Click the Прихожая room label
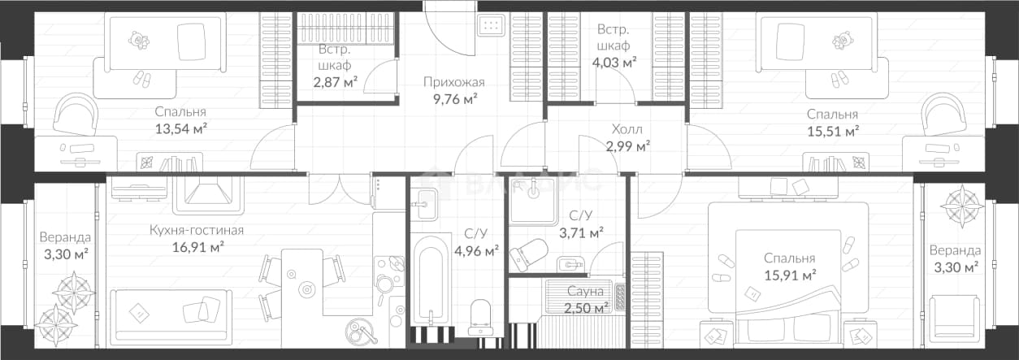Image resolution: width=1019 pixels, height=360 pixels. coord(454,82)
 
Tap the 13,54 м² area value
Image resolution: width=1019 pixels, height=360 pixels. coord(181,128)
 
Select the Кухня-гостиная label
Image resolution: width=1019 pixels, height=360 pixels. coord(197,230)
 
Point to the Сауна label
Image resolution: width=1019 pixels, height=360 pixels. coord(585,291)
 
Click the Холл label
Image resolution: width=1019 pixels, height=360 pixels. coord(627,129)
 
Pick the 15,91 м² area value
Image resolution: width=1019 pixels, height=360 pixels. coord(790,275)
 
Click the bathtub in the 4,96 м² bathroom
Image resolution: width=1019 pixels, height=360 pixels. coord(431,285)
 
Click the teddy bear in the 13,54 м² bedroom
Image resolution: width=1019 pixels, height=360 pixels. coord(139,40)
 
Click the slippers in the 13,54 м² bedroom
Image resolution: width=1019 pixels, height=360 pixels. coord(141,79)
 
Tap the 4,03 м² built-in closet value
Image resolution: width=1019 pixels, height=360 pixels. coord(614,62)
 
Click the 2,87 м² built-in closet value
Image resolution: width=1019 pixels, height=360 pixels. coord(335,82)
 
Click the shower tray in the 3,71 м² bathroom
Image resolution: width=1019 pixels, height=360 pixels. coord(533,202)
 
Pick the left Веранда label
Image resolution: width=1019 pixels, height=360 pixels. coord(65,237)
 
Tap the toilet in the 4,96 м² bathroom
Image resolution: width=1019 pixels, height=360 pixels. coord(480,317)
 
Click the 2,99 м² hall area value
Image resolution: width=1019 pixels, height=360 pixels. coord(628,146)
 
